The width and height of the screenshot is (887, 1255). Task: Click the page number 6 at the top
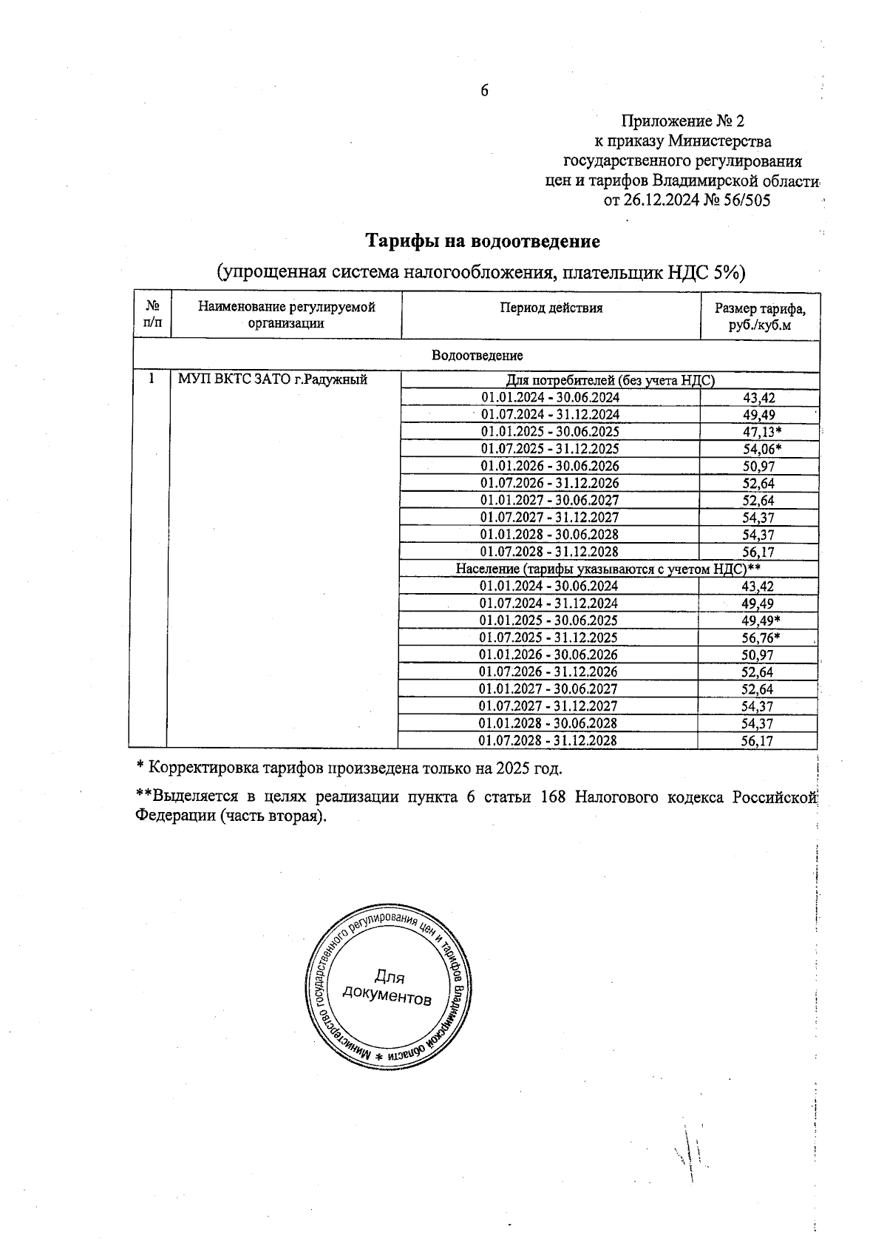(485, 91)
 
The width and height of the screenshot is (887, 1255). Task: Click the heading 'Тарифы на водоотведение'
(483, 241)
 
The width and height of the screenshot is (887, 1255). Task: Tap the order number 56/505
(742, 200)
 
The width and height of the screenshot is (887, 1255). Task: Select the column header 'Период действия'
(551, 308)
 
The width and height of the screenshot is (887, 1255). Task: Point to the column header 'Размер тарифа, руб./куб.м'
(760, 317)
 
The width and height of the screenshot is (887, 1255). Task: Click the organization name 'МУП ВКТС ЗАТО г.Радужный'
(273, 380)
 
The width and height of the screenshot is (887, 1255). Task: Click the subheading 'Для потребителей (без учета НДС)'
(610, 380)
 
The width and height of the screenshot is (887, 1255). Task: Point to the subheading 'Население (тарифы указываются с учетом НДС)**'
(608, 569)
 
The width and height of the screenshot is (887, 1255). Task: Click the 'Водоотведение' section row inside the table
(477, 356)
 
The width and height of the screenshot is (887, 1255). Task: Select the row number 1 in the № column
(152, 379)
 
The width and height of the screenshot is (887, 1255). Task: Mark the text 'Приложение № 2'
(683, 121)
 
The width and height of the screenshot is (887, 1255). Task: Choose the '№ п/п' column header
(153, 314)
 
